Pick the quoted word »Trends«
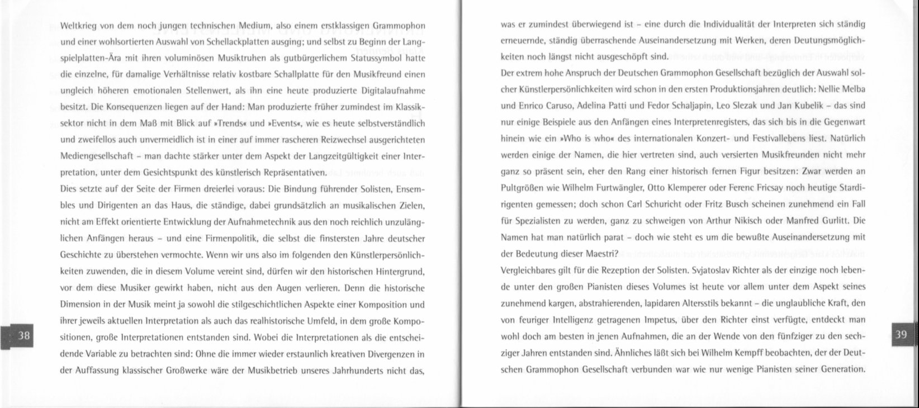click(x=231, y=122)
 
